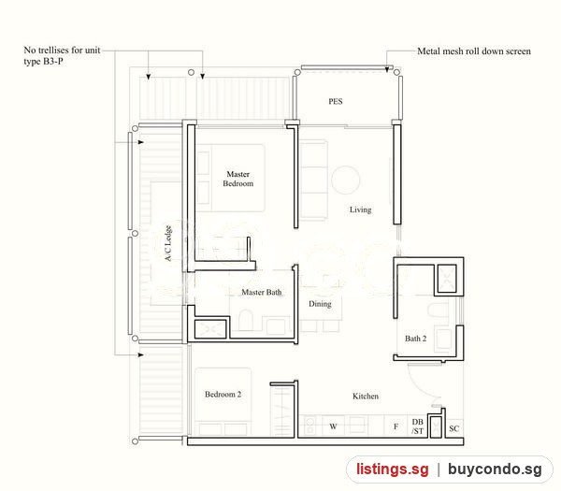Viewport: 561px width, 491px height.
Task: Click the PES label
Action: pyautogui.click(x=336, y=101)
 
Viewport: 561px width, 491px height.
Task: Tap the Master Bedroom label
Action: pyautogui.click(x=237, y=179)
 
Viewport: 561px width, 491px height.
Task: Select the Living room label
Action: pyautogui.click(x=360, y=209)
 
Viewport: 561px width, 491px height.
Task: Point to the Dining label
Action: pyautogui.click(x=320, y=304)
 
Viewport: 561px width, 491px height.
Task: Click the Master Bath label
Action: pyautogui.click(x=261, y=292)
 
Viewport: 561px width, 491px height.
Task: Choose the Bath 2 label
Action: pyautogui.click(x=415, y=339)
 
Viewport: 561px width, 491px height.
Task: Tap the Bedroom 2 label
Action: pyautogui.click(x=223, y=394)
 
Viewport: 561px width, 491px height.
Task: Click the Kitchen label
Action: pyautogui.click(x=366, y=396)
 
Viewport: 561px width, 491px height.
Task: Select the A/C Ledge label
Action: pyautogui.click(x=168, y=243)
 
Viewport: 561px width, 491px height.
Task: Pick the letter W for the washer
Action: pyautogui.click(x=333, y=426)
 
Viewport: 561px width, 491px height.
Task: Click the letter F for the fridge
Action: pyautogui.click(x=396, y=426)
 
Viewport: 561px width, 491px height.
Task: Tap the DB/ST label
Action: pyautogui.click(x=417, y=426)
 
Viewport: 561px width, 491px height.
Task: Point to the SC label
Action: pyautogui.click(x=454, y=428)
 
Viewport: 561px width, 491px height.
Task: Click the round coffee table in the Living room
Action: pyautogui.click(x=345, y=180)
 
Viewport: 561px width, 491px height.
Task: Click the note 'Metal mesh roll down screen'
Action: pyautogui.click(x=474, y=51)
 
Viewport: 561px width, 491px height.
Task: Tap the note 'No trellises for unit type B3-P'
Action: pyautogui.click(x=62, y=55)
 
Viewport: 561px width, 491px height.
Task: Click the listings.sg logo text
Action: pyautogui.click(x=392, y=469)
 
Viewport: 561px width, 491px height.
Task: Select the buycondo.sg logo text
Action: pyautogui.click(x=495, y=469)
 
